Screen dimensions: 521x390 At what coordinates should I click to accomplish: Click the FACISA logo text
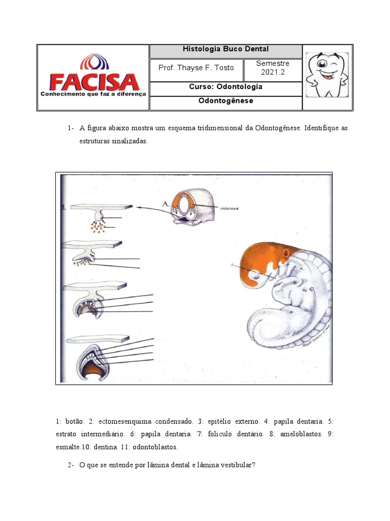click(93, 81)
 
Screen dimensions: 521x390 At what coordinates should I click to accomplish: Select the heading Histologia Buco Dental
click(225, 49)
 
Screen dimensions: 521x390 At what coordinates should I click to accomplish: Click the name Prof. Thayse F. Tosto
click(197, 68)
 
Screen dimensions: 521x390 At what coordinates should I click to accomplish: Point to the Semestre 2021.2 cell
click(273, 68)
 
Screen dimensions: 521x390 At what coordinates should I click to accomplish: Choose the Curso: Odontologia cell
click(225, 87)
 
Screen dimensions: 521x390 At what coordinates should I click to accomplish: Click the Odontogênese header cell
click(225, 101)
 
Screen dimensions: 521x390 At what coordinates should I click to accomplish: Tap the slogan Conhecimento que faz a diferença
click(93, 94)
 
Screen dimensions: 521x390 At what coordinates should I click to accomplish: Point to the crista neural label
click(230, 209)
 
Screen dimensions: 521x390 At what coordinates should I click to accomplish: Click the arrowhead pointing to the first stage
click(138, 207)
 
